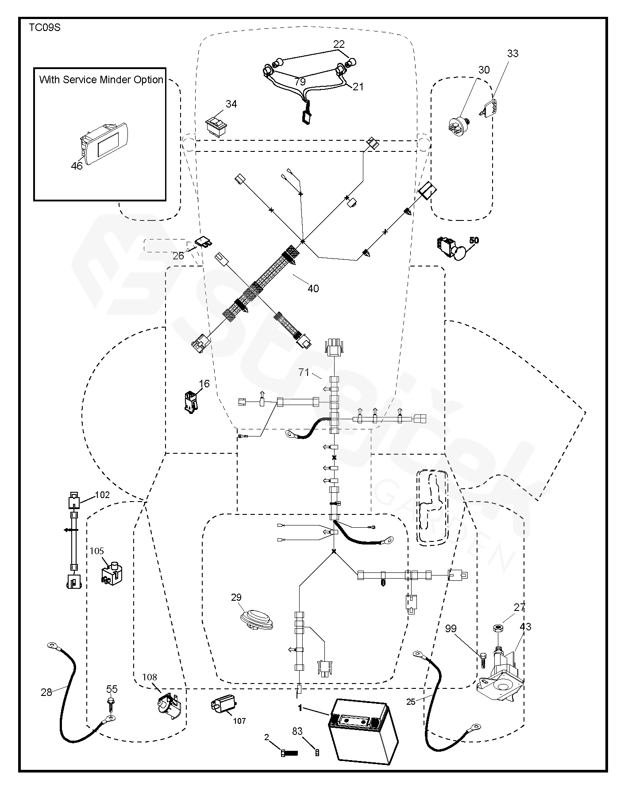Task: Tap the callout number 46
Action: (77, 166)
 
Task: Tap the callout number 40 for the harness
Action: (313, 289)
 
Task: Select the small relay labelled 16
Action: (191, 402)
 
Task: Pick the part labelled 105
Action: (112, 574)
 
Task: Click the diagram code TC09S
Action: (45, 27)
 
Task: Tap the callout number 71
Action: (304, 372)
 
